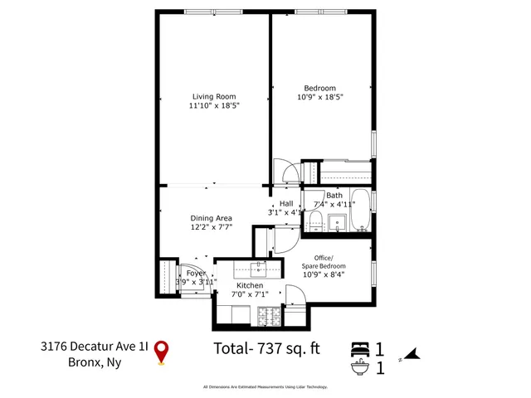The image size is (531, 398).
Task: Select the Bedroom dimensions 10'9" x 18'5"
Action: [319, 97]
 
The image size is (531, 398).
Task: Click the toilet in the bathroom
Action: [315, 221]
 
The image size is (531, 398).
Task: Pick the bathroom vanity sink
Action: [338, 222]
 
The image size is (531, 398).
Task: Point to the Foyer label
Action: [196, 273]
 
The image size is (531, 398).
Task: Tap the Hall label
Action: [286, 203]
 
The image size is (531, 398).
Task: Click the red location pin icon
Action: [163, 352]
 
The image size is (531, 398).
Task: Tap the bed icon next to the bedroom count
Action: [360, 348]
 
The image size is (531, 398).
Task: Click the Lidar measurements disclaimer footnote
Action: [265, 386]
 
